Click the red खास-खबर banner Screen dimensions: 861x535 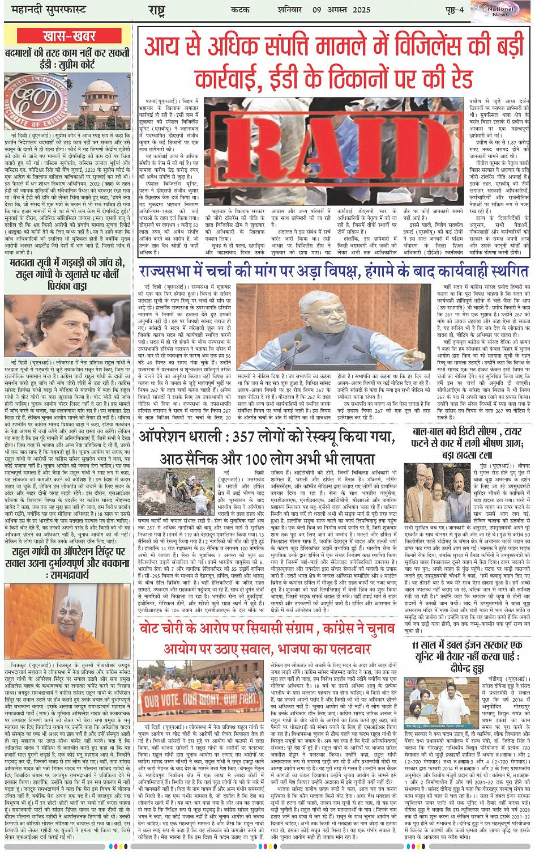[70, 36]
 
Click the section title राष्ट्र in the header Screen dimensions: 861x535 [156, 10]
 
